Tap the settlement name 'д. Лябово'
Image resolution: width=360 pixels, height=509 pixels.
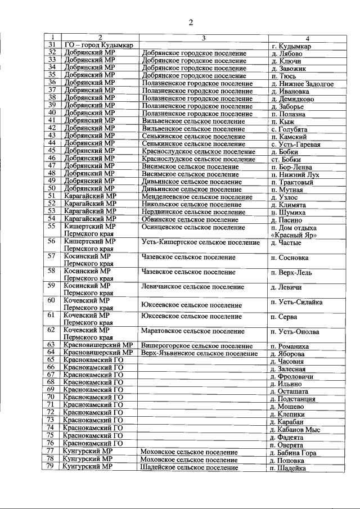click(286, 53)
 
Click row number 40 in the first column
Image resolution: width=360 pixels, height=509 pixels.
click(52, 112)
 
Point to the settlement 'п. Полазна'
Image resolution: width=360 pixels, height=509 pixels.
click(288, 114)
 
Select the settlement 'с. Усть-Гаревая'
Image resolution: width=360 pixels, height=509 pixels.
click(295, 144)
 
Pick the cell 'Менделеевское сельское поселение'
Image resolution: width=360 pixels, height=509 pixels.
click(196, 197)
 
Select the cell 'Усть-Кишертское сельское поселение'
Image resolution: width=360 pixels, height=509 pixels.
click(200, 242)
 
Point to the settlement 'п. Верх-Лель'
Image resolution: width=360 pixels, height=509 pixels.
click(291, 273)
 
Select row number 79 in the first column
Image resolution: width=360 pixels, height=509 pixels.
click(52, 467)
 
